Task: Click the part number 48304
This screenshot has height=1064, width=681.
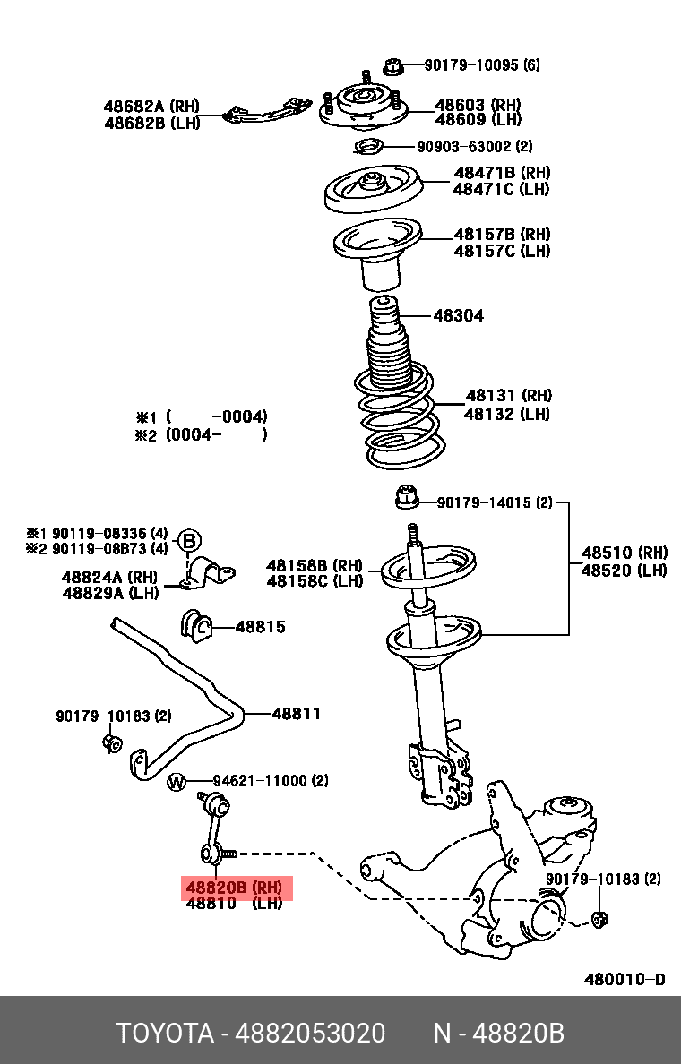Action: tap(458, 315)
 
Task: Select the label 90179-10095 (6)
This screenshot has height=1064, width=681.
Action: tap(481, 65)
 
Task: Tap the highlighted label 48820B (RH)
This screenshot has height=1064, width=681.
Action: tap(234, 888)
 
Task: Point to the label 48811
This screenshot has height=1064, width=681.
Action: tap(296, 714)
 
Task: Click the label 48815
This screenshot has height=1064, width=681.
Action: tap(260, 627)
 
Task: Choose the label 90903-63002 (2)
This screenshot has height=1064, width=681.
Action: tap(474, 146)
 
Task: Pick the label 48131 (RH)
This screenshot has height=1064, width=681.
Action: tap(507, 396)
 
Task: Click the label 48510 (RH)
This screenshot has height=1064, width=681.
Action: tap(625, 553)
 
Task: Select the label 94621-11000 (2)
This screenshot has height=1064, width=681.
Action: tap(270, 781)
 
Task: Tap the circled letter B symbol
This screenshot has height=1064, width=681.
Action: tap(188, 540)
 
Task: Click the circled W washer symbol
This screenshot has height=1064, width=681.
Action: tap(177, 783)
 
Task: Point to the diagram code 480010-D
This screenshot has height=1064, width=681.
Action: tap(625, 979)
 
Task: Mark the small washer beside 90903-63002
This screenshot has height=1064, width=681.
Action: tap(367, 147)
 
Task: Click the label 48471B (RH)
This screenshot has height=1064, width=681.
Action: tap(501, 173)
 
